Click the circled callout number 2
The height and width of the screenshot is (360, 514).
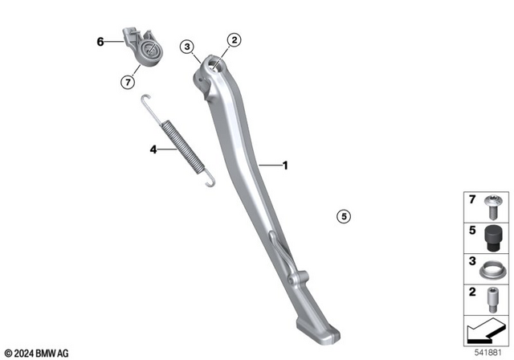pos(235,39)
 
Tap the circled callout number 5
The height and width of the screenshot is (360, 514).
pos(343,215)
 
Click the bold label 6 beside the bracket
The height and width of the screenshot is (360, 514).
pos(100,41)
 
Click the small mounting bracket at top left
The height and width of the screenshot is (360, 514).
pos(141,47)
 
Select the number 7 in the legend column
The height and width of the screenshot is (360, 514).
pos(471,197)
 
